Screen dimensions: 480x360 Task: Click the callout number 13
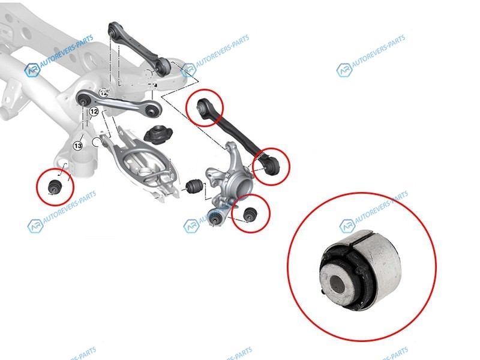[78, 146]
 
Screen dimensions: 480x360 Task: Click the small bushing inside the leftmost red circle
[55, 187]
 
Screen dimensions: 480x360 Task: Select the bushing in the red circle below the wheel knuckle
[250, 214]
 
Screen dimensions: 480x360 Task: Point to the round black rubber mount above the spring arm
[158, 134]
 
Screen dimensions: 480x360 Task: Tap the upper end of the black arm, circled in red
[203, 107]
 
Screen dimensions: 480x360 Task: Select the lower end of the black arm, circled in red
[270, 166]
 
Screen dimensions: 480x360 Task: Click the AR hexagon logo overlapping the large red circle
[347, 226]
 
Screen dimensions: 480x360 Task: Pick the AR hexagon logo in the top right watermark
[344, 70]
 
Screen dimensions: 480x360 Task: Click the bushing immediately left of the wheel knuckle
[194, 187]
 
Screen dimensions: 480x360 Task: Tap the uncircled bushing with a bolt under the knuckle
[215, 218]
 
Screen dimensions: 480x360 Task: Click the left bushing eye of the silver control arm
[83, 100]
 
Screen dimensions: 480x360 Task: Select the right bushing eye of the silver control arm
[154, 110]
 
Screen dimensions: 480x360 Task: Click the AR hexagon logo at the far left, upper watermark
[32, 70]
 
